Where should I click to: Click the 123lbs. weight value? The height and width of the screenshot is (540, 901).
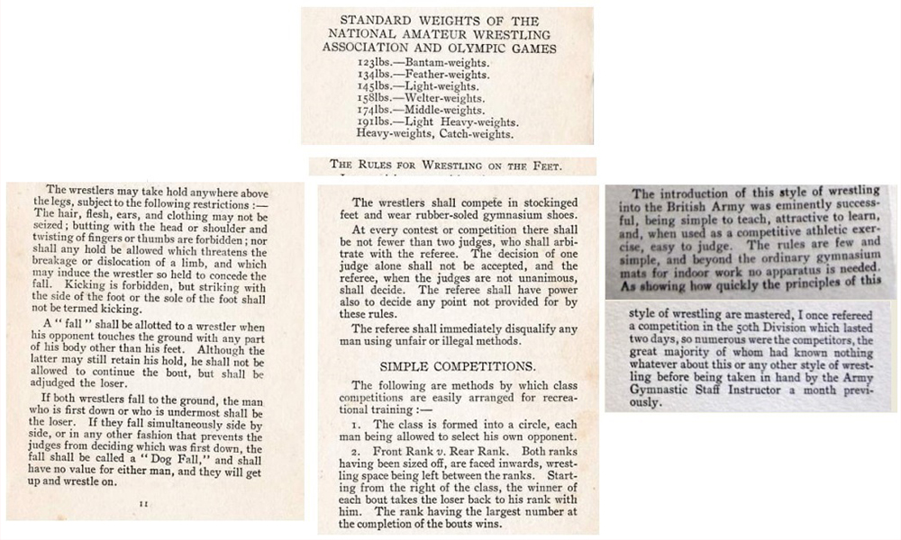pos(372,62)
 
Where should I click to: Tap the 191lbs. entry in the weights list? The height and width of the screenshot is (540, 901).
pos(372,122)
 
